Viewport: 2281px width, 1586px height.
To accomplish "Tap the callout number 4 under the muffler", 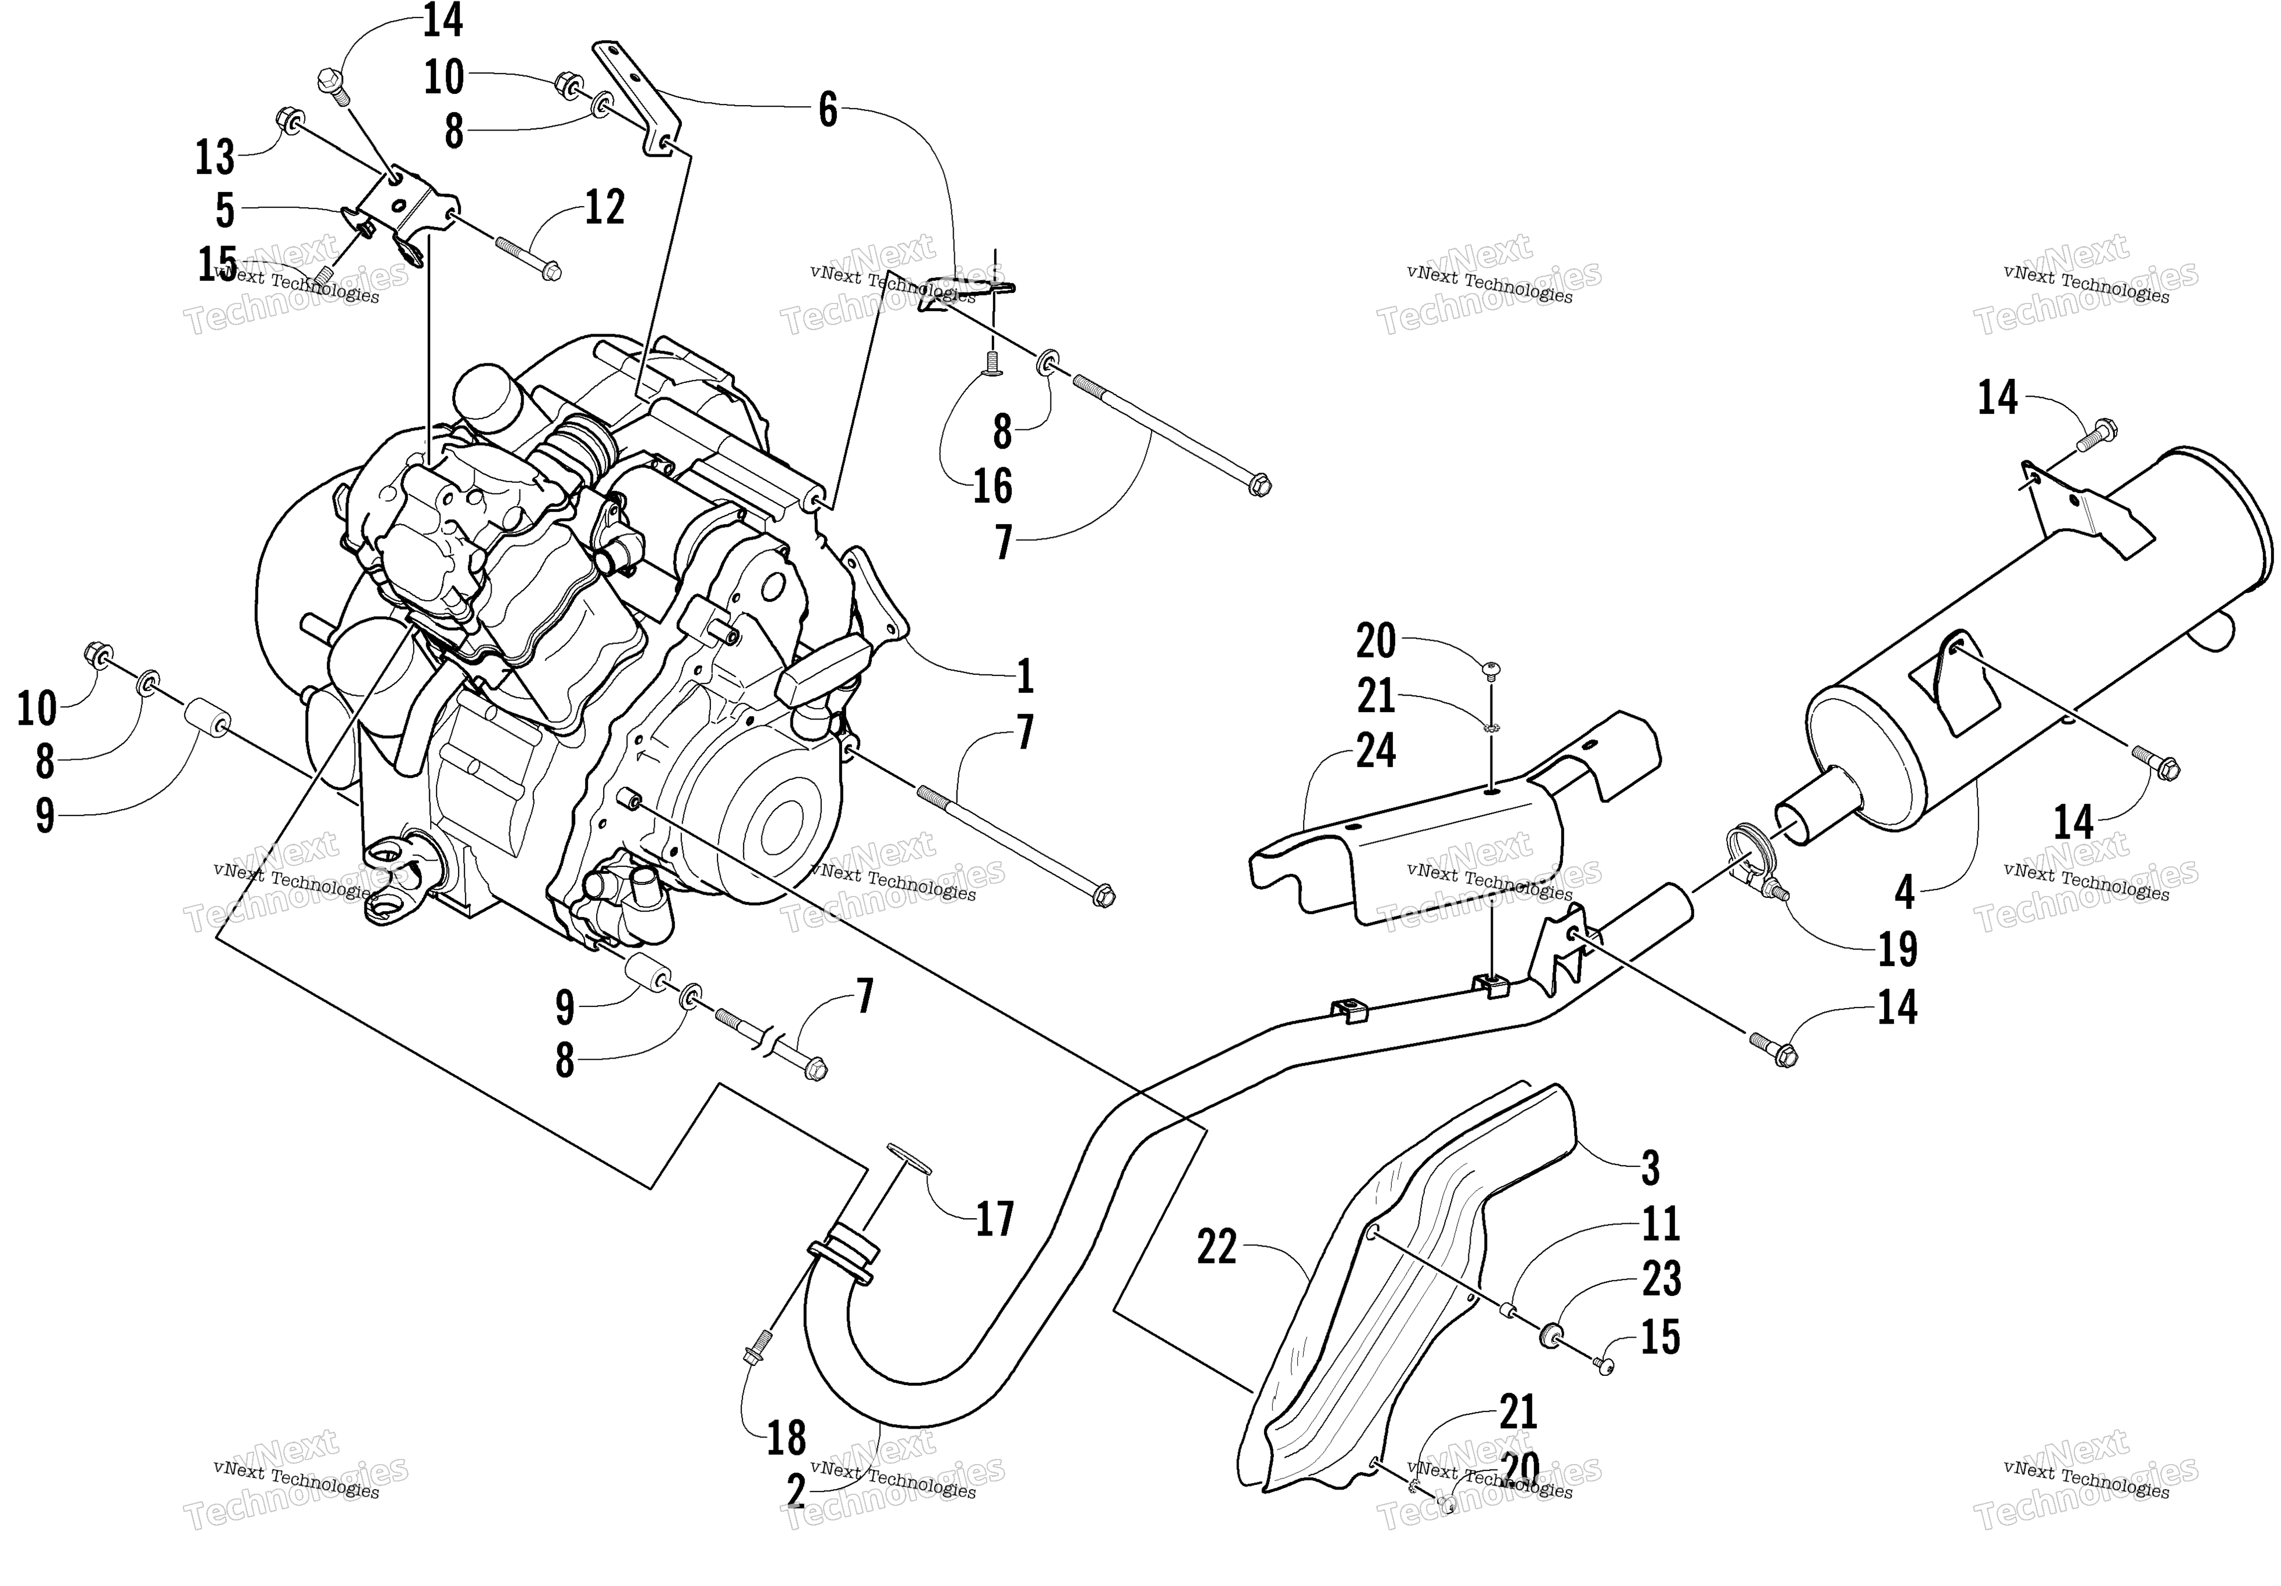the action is (x=1904, y=893).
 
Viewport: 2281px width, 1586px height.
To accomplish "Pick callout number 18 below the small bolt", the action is (x=786, y=1437).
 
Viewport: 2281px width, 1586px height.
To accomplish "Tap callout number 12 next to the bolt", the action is (x=605, y=208).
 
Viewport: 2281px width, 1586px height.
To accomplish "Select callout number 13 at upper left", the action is (x=215, y=157).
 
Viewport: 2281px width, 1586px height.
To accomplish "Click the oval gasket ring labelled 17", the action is (x=904, y=1157).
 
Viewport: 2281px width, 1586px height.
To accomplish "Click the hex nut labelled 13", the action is (x=289, y=121).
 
